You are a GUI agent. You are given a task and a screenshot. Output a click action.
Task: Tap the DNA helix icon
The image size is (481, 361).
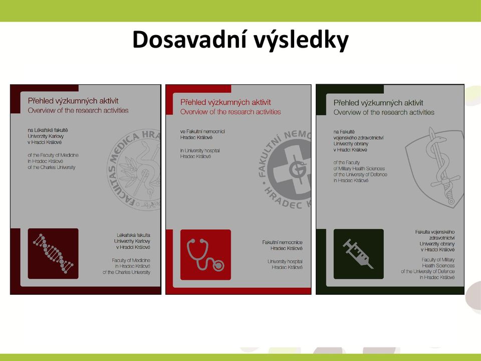[x=53, y=254]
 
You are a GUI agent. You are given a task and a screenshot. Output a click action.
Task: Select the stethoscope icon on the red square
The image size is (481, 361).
[x=205, y=255]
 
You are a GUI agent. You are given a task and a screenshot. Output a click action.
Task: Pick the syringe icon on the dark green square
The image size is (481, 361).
[x=358, y=254]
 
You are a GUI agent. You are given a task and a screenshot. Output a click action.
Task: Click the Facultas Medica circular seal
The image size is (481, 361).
[x=134, y=170]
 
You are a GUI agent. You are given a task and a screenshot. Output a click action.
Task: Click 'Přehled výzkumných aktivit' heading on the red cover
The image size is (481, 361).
[x=225, y=102]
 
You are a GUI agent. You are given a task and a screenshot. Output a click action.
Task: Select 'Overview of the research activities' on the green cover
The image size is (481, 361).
[x=384, y=112]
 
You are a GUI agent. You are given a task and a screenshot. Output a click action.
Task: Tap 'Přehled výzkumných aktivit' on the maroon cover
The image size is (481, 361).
[x=73, y=101]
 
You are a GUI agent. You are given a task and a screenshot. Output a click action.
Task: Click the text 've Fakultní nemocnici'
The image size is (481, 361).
[x=202, y=131]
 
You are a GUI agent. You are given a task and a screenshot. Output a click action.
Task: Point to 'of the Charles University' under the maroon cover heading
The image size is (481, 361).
[x=52, y=167]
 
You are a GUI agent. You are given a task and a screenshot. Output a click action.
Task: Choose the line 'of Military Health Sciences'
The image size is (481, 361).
[x=359, y=168]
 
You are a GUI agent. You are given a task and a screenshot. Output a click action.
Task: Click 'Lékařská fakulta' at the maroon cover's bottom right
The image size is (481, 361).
[x=133, y=235]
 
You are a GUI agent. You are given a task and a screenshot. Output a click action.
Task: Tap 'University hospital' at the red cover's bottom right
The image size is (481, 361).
[x=285, y=262]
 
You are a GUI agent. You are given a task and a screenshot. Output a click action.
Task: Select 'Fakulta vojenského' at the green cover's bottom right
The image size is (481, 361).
[x=435, y=232]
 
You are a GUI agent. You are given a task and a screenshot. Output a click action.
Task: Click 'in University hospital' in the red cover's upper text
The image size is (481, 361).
[x=200, y=150]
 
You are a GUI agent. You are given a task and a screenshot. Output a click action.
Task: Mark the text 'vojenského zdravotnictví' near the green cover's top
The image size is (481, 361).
[x=358, y=138]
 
